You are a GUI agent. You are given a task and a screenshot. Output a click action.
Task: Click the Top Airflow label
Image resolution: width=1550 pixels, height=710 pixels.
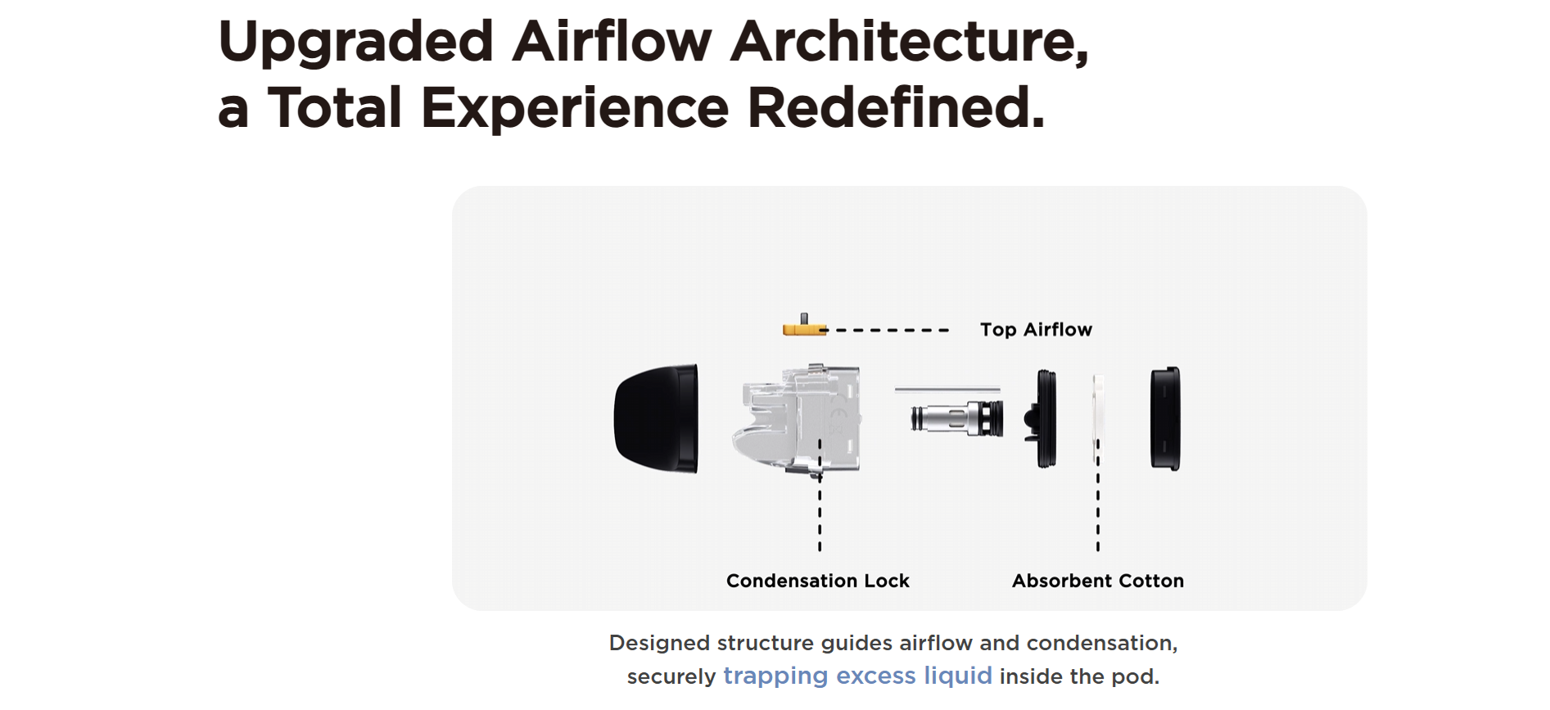(x=1036, y=329)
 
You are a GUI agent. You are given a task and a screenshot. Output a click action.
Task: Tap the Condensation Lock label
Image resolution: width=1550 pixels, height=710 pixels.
(x=818, y=581)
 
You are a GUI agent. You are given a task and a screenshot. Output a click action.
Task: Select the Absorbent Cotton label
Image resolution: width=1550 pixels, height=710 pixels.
(x=1098, y=581)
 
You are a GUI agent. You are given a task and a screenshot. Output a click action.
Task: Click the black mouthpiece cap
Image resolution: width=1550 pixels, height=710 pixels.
(x=657, y=418)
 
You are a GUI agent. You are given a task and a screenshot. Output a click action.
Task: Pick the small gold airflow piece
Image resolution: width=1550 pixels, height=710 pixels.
(x=805, y=326)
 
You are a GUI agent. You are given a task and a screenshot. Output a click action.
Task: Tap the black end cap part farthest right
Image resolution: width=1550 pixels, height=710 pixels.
(x=1165, y=418)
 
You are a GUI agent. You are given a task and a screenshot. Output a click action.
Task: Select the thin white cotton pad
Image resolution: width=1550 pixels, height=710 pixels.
(x=1098, y=418)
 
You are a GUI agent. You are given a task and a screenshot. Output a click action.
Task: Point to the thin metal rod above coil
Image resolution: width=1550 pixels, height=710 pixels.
(x=947, y=390)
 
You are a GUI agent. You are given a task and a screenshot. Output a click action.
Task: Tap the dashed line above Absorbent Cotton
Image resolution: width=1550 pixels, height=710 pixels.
(x=1098, y=495)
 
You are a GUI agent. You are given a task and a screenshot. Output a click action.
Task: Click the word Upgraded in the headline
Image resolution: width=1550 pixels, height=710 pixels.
(x=356, y=43)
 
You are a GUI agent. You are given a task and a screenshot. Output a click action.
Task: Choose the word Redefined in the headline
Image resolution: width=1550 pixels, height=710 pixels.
(x=897, y=107)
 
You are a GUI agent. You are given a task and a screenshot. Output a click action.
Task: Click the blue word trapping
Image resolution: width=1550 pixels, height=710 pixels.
(x=775, y=676)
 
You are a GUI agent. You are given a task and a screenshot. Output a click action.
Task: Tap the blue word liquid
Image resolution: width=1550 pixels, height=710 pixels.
(x=958, y=676)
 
